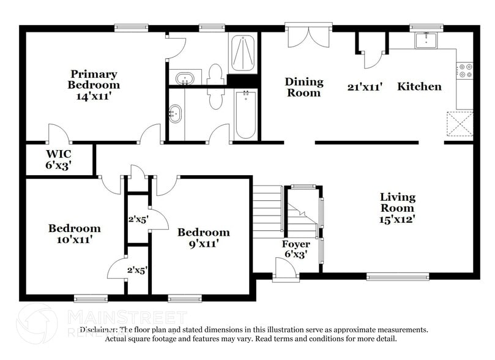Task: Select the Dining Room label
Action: [x=303, y=87]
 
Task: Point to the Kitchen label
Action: [x=419, y=87]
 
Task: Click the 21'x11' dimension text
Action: [x=365, y=87]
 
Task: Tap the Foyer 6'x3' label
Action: [x=296, y=249]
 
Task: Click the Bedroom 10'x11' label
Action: [x=75, y=234]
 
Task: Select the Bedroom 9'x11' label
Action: [x=203, y=238]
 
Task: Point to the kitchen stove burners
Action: [x=465, y=70]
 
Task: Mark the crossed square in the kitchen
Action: [x=460, y=124]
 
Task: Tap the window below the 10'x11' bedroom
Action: [x=91, y=299]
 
